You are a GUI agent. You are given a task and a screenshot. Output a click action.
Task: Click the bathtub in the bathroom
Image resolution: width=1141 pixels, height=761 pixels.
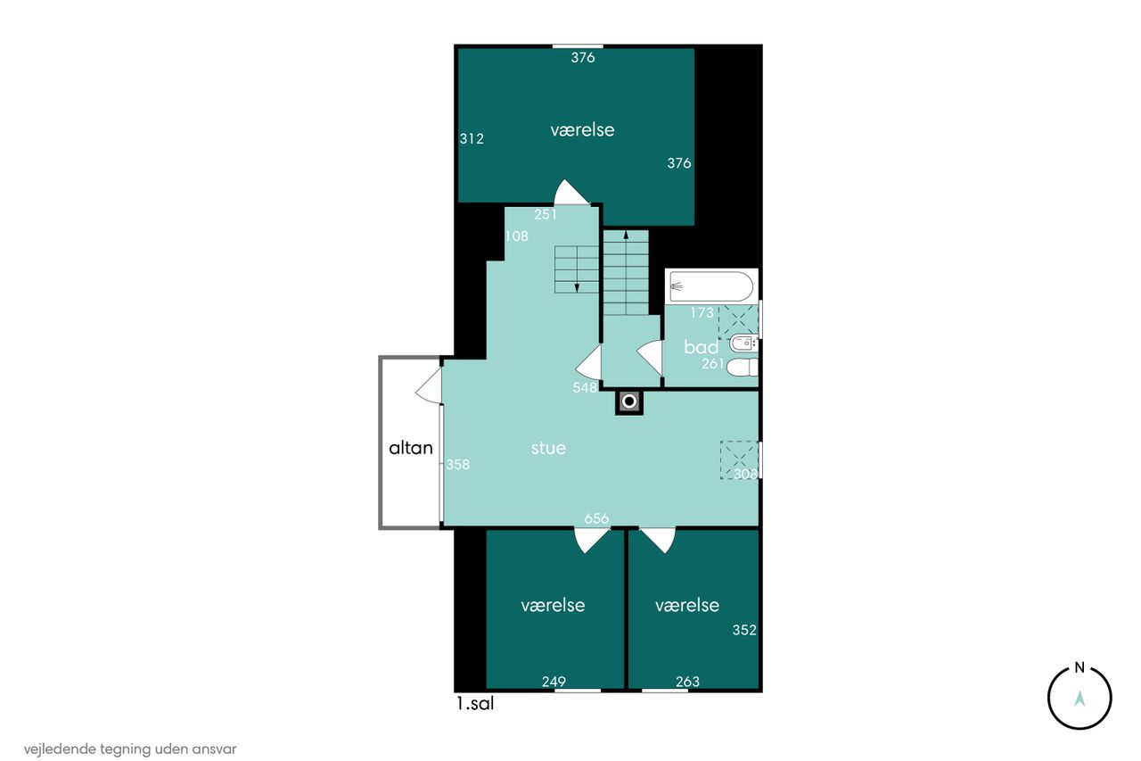click(x=711, y=286)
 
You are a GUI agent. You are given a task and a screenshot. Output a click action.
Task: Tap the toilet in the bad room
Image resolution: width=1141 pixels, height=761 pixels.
click(x=743, y=367)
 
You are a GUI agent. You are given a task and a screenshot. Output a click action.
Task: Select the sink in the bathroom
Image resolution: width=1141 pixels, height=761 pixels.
click(x=743, y=344)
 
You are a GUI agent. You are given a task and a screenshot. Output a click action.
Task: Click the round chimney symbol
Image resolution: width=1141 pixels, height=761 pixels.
click(x=629, y=402)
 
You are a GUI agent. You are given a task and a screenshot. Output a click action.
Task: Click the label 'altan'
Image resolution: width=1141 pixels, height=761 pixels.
click(x=411, y=448)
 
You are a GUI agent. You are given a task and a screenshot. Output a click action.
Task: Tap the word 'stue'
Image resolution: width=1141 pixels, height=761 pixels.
click(x=548, y=448)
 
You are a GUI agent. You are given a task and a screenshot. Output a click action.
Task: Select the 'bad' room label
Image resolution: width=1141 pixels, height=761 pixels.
click(x=701, y=347)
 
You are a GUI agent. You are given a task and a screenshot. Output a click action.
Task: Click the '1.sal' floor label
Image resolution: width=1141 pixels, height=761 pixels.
click(x=475, y=703)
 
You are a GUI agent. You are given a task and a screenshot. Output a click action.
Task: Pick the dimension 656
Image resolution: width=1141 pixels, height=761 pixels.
click(x=596, y=518)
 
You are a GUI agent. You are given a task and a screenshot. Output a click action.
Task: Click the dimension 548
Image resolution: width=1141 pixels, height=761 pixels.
click(x=584, y=387)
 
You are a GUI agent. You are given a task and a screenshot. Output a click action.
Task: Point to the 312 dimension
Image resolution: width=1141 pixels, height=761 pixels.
click(x=472, y=138)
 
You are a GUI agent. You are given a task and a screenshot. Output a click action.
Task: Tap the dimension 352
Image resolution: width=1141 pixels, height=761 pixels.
click(x=744, y=630)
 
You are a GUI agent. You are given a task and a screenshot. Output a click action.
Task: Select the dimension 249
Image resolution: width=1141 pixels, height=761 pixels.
click(x=554, y=682)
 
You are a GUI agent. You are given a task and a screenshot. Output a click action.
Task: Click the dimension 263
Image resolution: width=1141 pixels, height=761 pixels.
click(x=687, y=682)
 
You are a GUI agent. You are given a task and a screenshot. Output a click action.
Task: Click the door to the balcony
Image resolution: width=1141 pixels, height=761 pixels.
click(x=429, y=385)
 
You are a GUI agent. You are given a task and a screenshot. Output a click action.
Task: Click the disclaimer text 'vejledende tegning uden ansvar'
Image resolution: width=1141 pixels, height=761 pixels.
click(x=130, y=749)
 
